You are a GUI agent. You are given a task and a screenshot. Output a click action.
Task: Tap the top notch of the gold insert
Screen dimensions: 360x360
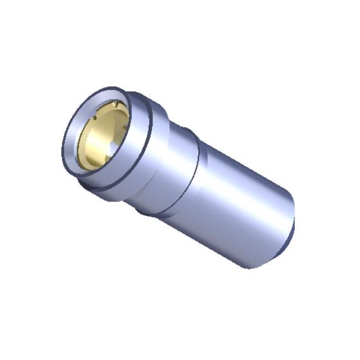tap(114, 106)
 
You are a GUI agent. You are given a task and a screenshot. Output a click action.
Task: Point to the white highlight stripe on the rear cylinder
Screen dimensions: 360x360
tap(247, 180)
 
